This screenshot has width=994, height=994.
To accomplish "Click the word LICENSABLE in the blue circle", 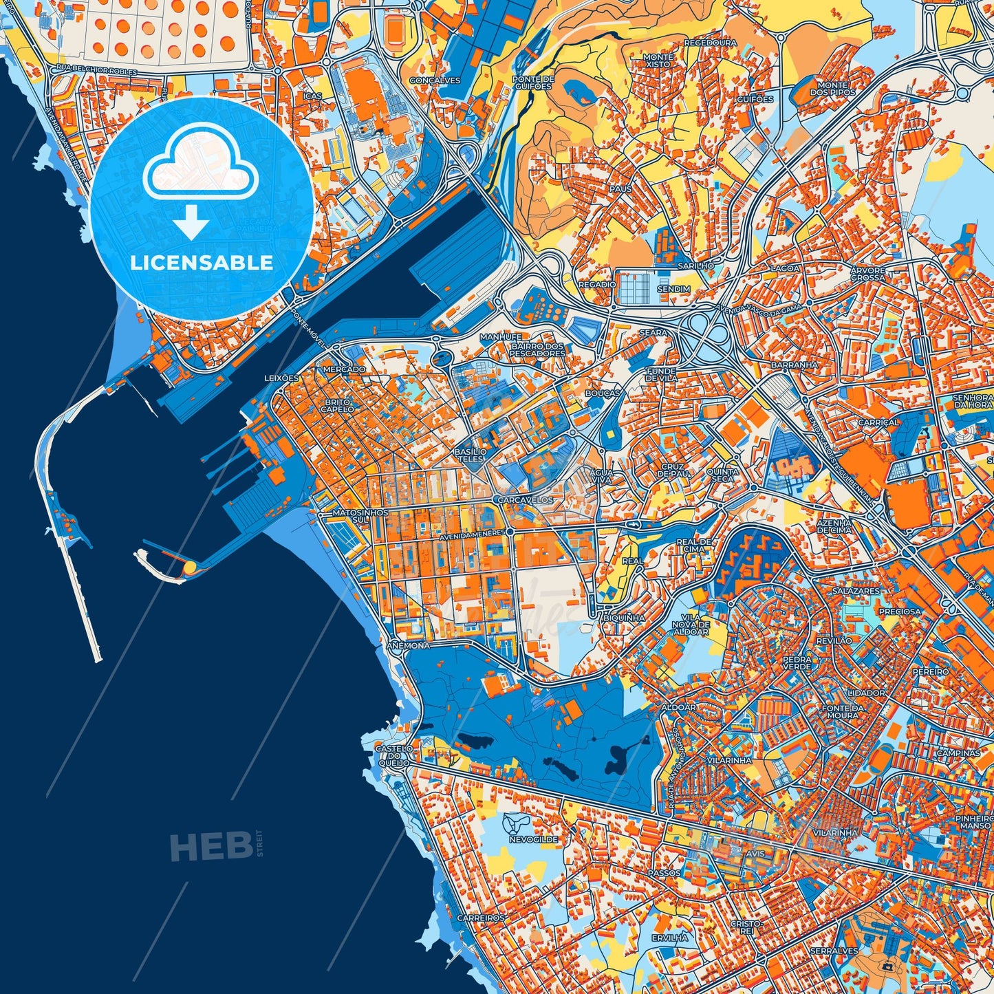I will click(202, 263).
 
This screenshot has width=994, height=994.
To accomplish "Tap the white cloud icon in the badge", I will click(201, 166).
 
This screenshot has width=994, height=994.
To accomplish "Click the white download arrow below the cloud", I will click(191, 223).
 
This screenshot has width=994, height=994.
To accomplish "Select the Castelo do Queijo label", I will click(394, 755).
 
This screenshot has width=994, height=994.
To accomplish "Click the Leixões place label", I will click(282, 378).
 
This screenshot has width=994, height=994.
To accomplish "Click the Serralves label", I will click(834, 951).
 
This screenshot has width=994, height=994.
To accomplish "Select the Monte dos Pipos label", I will click(832, 89).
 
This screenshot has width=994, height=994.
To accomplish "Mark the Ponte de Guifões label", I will click(532, 83).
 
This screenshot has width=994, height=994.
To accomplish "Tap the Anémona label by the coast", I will click(409, 646).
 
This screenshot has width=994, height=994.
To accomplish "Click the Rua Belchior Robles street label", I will click(97, 71).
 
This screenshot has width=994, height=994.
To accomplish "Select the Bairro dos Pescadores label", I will click(537, 349).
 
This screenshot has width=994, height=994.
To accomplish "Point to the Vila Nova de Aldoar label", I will click(690, 624).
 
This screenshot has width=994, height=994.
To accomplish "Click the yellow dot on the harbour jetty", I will click(188, 568).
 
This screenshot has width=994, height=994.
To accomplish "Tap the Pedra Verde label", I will click(797, 662).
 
